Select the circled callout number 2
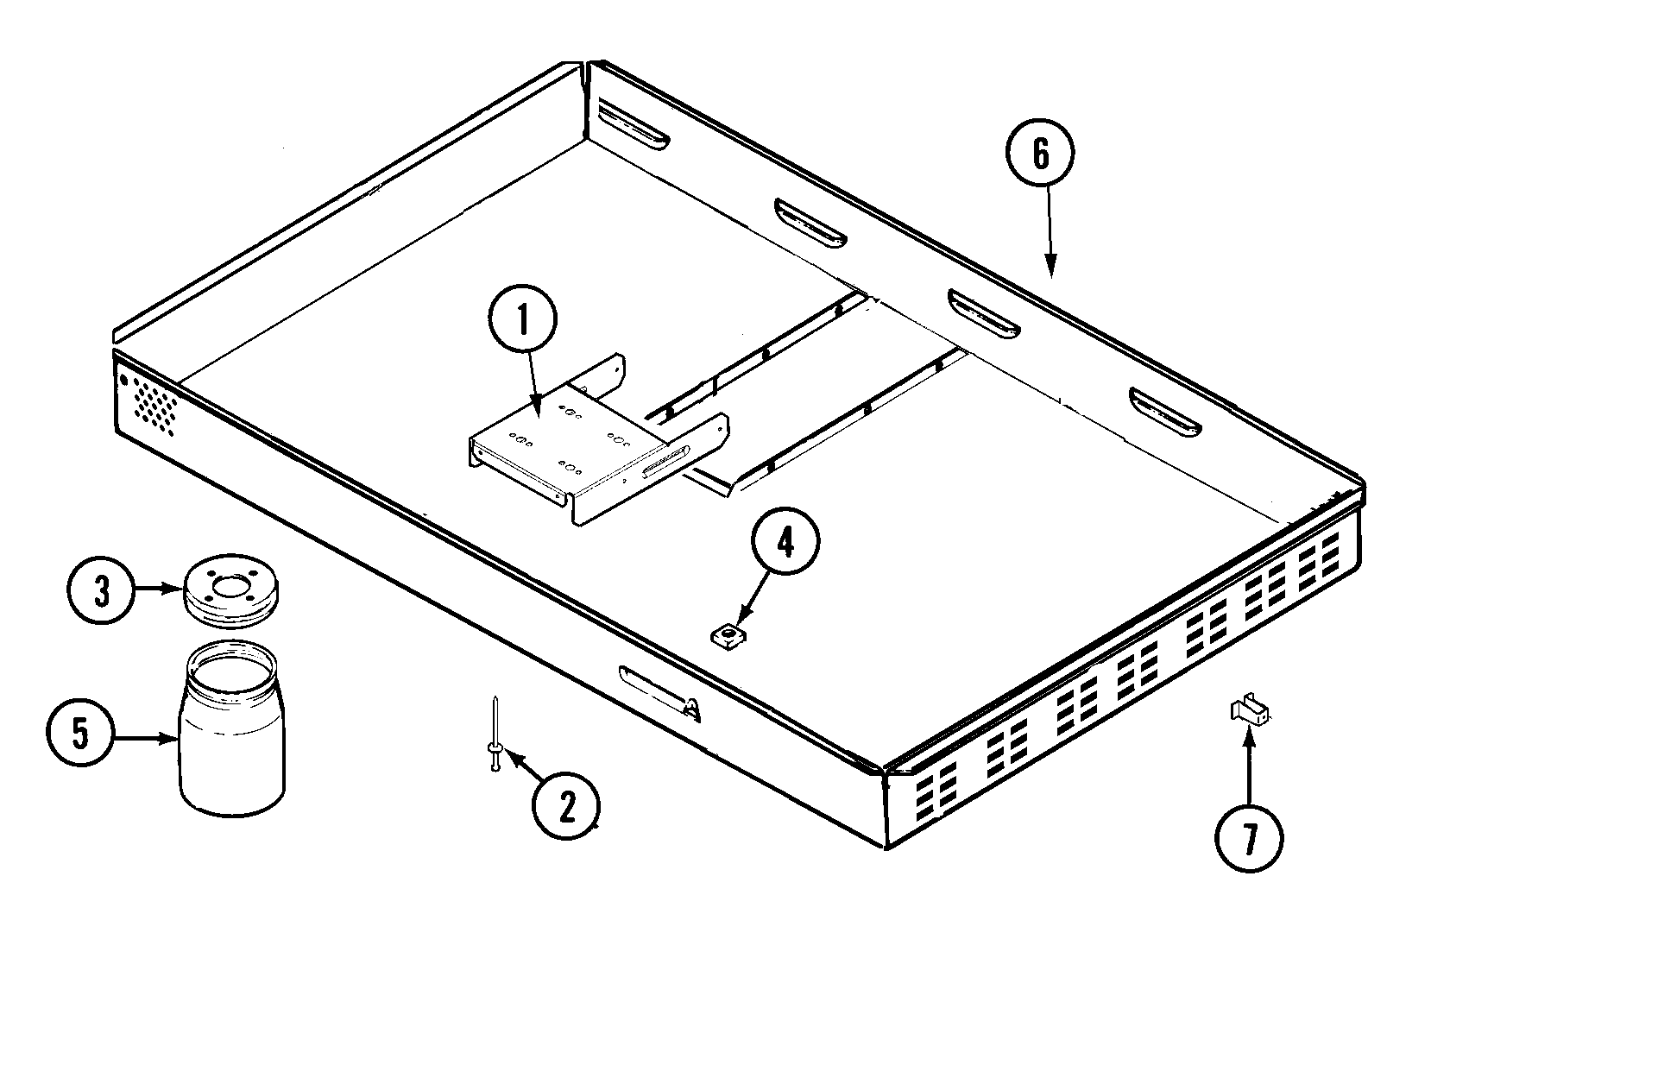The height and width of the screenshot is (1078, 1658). [x=565, y=806]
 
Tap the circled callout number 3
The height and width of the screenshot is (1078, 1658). [x=102, y=592]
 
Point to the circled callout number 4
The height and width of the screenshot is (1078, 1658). [x=785, y=542]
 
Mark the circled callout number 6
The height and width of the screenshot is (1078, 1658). [x=1040, y=154]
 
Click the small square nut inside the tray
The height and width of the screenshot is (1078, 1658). [x=728, y=639]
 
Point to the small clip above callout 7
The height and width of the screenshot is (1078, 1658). [x=1249, y=712]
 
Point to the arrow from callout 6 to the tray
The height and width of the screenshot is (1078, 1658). [x=1050, y=233]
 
